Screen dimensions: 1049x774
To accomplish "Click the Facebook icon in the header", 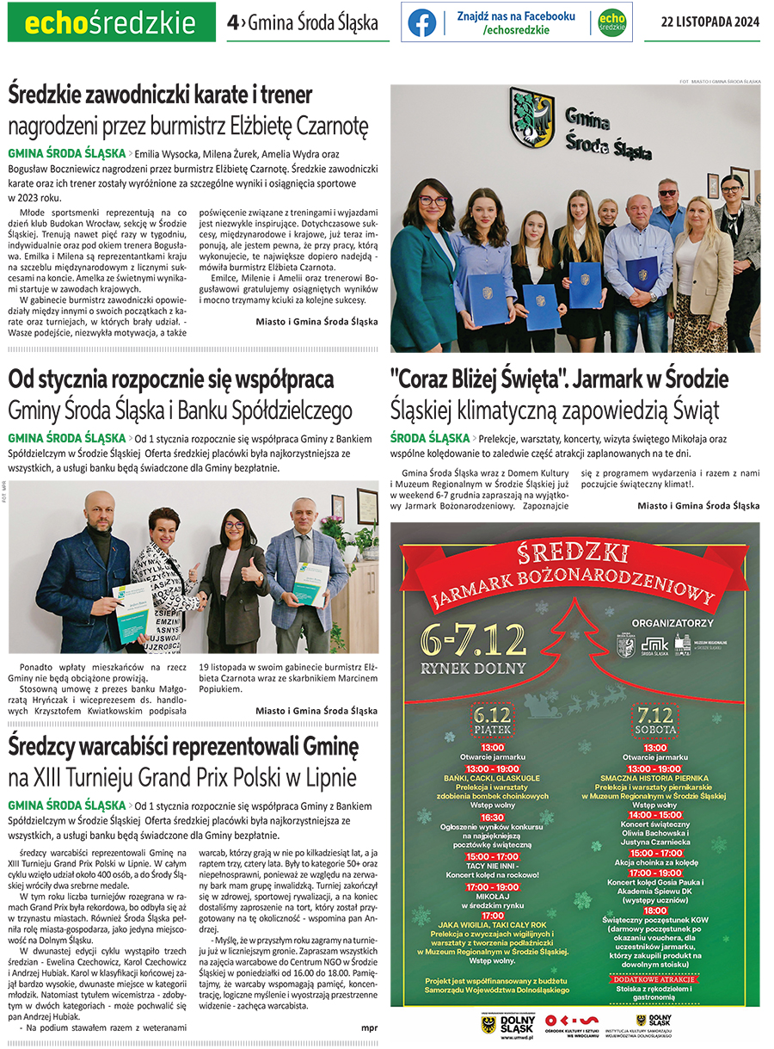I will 421,22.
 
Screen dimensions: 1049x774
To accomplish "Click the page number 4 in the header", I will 232,23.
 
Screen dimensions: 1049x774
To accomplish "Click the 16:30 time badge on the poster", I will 492,818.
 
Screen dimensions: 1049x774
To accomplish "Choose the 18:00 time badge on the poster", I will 654,910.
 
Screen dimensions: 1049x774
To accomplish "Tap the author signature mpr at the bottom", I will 369,1027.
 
